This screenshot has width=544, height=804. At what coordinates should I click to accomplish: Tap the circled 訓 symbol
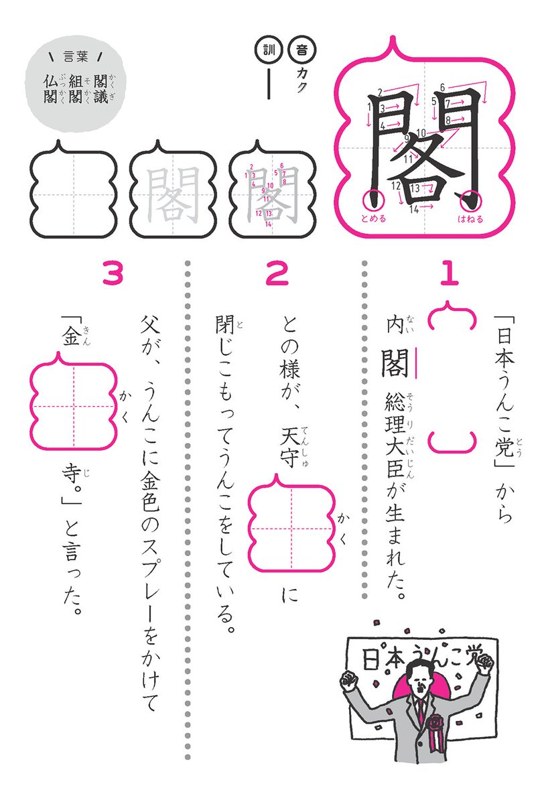click(267, 50)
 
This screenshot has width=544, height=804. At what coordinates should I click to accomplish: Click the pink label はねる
click(470, 218)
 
